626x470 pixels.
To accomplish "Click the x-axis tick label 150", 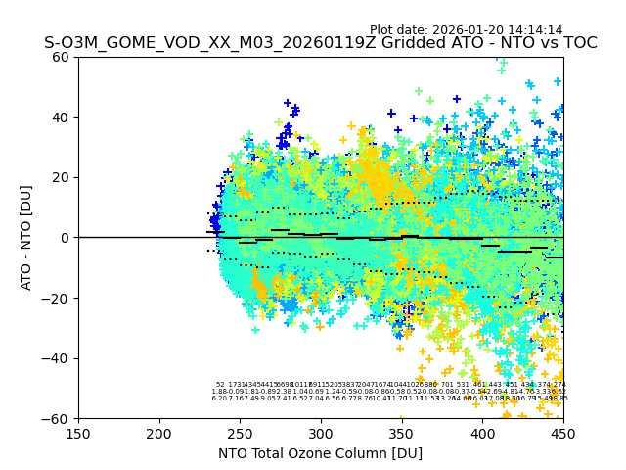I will point(78,433).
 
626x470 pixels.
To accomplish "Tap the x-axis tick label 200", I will point(159,433).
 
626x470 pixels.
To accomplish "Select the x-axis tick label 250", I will point(240,433).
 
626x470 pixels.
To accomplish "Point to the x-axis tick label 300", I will point(321,433).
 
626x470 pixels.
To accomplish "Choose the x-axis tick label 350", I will point(401,433).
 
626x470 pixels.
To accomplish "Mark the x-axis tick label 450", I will point(562,433).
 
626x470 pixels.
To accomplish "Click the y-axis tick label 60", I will point(62,57).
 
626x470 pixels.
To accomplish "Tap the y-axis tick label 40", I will point(62,117).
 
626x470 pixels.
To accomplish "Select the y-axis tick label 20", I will point(62,177).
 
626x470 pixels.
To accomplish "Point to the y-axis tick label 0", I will point(66,238).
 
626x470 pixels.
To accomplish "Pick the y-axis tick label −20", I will point(58,298).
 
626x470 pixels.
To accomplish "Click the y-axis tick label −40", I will point(58,358).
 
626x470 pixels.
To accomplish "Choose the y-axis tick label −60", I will point(58,418).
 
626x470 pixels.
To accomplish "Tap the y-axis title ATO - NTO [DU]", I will point(27,238).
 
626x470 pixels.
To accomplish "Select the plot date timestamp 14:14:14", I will point(534,30).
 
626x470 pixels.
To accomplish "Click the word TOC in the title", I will point(579,43).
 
